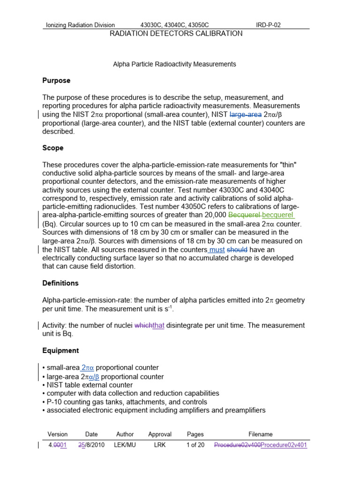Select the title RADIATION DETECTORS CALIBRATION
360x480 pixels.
(x=176, y=34)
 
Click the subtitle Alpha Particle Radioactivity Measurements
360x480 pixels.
(x=174, y=64)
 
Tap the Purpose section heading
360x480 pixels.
(x=56, y=81)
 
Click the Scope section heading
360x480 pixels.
(x=52, y=148)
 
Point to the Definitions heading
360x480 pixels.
(x=60, y=283)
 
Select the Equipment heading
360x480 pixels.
(x=60, y=351)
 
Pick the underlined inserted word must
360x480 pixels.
(x=217, y=250)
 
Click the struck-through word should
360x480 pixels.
(x=237, y=250)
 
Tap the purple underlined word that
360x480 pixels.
(x=158, y=326)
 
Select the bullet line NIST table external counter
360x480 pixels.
(x=87, y=385)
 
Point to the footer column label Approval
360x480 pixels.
(x=160, y=435)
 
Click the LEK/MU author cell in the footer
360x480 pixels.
(x=125, y=445)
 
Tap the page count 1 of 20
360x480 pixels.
(x=195, y=445)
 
